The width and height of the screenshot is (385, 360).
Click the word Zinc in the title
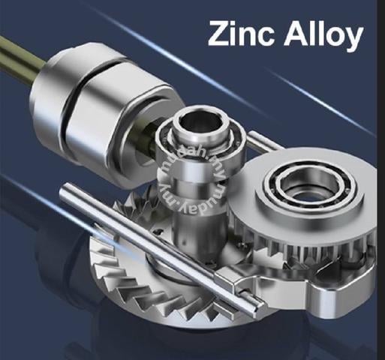tap(241, 33)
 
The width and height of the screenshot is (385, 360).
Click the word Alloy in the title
tap(323, 35)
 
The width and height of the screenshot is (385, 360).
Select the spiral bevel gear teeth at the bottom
tap(150, 295)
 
